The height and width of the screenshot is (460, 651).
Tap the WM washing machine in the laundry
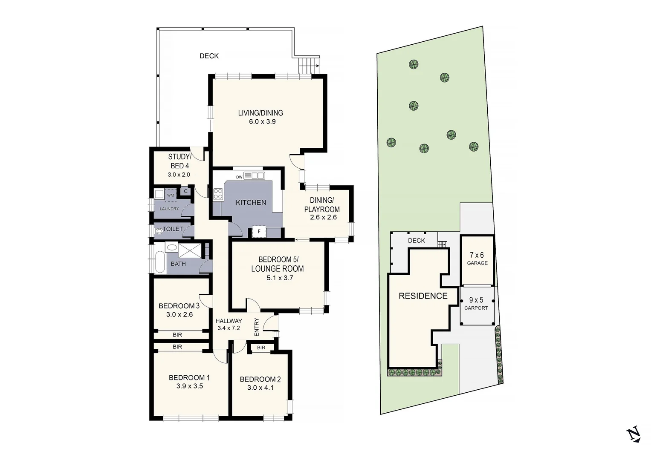(171, 195)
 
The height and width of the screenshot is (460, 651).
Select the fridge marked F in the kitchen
(259, 232)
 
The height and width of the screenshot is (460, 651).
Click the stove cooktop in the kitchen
(218, 194)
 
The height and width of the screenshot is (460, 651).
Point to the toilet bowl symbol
(159, 231)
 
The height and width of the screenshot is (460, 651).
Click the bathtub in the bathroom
(160, 262)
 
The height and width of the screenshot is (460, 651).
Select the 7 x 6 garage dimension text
(477, 255)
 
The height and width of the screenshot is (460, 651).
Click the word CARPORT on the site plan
(476, 308)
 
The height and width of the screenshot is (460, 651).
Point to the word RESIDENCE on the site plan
(423, 296)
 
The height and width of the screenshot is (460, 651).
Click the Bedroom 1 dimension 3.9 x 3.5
(189, 386)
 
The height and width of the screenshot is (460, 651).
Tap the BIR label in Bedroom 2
(261, 348)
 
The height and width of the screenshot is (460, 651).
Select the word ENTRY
(257, 327)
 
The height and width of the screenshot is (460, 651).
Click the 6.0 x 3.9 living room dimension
(262, 122)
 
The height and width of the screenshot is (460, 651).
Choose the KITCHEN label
(251, 203)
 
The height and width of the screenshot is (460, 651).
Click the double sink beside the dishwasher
(258, 175)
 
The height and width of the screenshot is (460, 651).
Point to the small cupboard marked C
(185, 191)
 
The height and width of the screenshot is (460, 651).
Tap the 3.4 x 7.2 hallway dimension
(229, 328)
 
